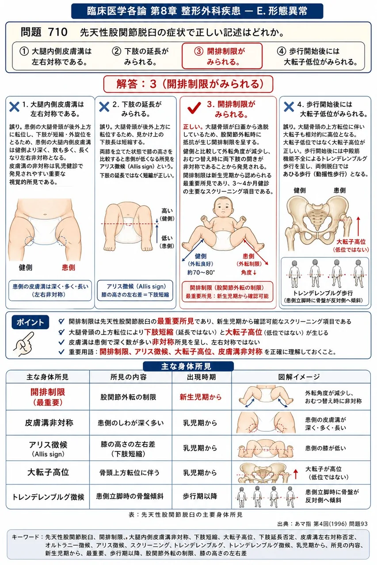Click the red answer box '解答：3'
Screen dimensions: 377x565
[188, 84]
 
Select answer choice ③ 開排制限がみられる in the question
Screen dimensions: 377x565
[222, 56]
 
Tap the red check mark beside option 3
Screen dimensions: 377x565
[194, 108]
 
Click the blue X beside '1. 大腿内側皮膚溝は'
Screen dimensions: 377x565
[15, 107]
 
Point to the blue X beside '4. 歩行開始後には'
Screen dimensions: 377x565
[289, 107]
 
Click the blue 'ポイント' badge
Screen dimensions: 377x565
[30, 322]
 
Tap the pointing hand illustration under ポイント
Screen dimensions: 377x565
[24, 344]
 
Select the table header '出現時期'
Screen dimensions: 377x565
[201, 377]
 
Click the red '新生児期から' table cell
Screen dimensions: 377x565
[201, 397]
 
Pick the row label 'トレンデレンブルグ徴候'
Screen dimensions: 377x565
[48, 497]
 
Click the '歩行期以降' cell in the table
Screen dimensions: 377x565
[200, 497]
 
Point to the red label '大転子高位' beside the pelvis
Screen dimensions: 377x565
[351, 241]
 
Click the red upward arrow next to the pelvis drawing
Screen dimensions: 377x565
[358, 226]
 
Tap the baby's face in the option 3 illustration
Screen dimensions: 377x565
[223, 207]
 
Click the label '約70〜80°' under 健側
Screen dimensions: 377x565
[201, 272]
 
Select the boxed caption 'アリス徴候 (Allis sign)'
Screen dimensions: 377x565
[135, 290]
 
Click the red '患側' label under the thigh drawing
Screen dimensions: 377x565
[69, 267]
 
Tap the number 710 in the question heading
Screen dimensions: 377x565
[58, 32]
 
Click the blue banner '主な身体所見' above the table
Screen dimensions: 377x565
[188, 366]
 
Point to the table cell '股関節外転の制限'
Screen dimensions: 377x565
[128, 397]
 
